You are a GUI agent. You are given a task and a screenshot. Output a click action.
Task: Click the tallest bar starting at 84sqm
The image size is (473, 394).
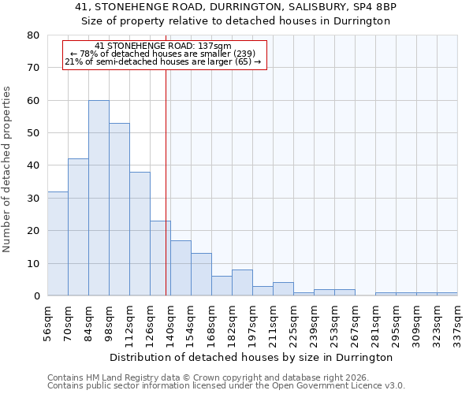(x=99, y=198)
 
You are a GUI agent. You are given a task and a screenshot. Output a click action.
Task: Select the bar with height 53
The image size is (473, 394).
(x=119, y=210)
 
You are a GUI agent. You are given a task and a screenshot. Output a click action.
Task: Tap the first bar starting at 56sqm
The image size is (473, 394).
(x=58, y=243)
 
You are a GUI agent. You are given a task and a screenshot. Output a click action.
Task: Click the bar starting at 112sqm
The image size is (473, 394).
(x=140, y=234)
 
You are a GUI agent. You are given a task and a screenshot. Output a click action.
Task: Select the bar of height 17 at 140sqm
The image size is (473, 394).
(x=181, y=268)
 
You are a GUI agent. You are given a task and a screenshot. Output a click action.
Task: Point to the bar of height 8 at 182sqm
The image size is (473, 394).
(x=242, y=283)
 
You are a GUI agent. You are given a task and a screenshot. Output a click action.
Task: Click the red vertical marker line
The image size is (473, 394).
(x=166, y=181)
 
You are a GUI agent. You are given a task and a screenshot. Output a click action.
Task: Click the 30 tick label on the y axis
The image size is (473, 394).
(x=33, y=199)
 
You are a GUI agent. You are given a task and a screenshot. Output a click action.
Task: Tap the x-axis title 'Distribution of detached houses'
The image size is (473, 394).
(x=252, y=358)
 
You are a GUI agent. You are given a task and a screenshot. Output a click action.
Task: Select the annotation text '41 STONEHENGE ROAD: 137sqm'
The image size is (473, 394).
(x=162, y=46)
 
